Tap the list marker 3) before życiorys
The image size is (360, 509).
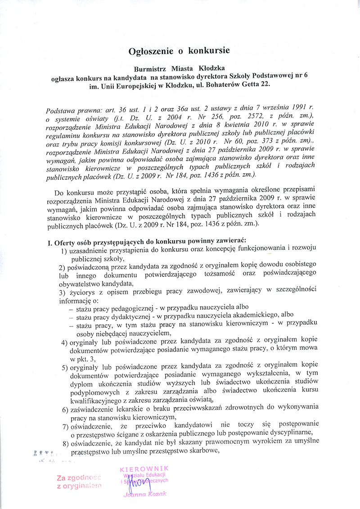63,293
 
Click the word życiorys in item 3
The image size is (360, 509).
81,293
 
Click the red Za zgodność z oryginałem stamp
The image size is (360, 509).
79,482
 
